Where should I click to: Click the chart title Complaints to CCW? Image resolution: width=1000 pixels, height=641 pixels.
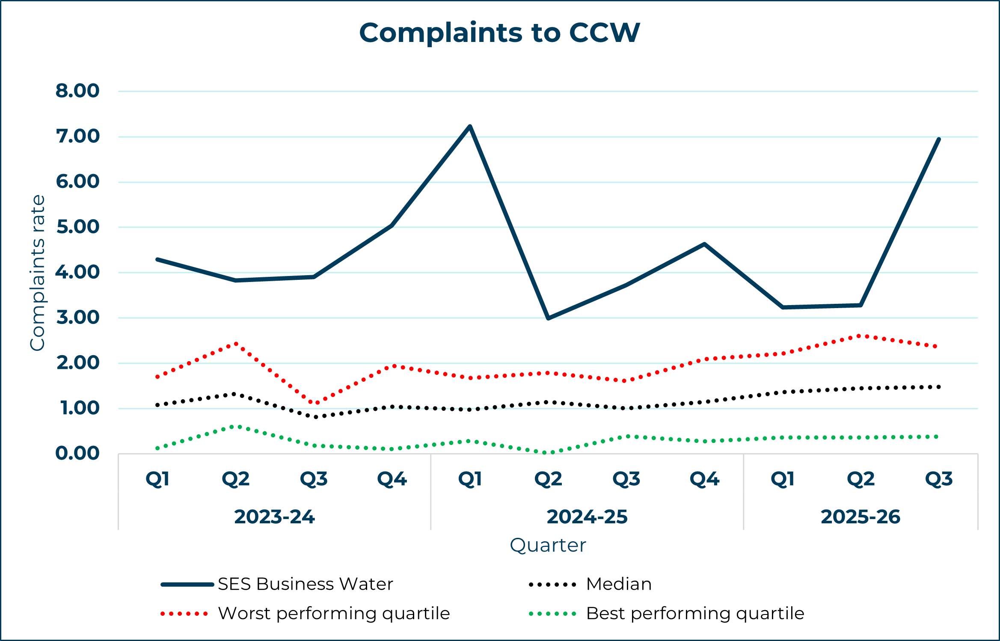pos(499,33)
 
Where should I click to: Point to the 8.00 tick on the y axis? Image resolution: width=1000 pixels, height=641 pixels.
pos(77,91)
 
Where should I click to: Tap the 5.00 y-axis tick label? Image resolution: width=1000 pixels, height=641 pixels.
pos(77,227)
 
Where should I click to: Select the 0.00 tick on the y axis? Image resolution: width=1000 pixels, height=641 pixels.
pos(77,453)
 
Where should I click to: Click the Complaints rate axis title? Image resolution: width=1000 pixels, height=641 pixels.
pos(38,273)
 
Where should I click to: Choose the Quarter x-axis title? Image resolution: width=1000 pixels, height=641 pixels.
pos(548,546)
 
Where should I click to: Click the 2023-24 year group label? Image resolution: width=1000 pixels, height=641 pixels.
pos(274,517)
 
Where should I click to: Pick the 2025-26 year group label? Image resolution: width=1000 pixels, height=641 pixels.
pos(861,517)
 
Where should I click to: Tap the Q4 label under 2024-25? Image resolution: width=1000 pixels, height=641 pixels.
pos(704,479)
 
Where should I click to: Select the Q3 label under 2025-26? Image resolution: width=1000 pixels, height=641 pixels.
pos(939,479)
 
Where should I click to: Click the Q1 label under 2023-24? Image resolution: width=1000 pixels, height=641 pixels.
pos(157,479)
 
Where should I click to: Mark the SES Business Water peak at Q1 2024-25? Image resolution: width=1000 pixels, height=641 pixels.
pos(470,126)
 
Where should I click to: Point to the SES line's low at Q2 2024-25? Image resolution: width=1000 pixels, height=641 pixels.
pos(548,318)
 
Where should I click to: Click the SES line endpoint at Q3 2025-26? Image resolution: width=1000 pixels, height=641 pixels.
pos(939,139)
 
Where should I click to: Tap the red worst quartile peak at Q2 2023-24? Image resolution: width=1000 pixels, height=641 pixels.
pos(236,344)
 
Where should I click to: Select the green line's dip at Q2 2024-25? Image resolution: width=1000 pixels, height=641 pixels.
pos(548,452)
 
